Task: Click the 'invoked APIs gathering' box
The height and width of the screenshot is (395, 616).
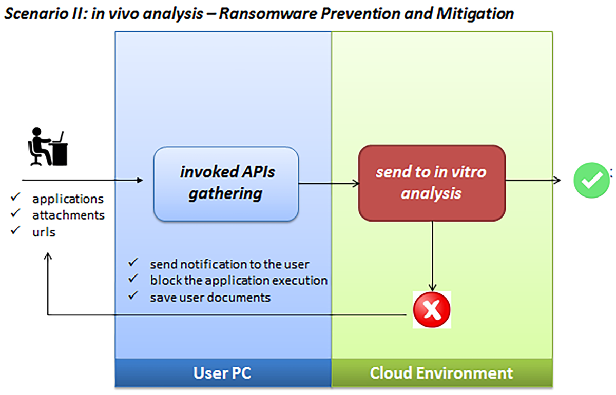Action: pos(226,184)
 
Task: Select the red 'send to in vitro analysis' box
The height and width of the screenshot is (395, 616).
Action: pos(431,183)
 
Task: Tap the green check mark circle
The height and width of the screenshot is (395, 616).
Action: pos(591,180)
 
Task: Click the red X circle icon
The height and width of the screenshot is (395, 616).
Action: pos(432,310)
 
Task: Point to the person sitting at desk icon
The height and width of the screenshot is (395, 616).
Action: pos(47,148)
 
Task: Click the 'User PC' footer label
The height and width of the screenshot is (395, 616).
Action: pos(223,373)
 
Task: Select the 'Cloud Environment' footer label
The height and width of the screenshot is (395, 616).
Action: pos(441,373)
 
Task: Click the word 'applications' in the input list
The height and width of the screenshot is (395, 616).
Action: pos(68,199)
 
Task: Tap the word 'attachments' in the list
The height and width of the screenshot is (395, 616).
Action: pos(68,215)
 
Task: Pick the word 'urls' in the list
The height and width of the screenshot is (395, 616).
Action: pos(44,232)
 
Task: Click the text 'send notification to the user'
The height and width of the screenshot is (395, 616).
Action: pos(229,264)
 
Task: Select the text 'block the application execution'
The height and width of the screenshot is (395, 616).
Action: pos(239,281)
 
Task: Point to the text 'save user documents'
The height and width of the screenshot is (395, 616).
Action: pos(210,297)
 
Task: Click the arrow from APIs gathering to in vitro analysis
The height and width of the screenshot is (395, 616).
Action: pos(329,183)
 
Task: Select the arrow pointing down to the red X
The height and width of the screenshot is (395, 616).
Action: pos(432,256)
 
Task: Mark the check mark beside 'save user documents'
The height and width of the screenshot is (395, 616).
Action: pos(133,296)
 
